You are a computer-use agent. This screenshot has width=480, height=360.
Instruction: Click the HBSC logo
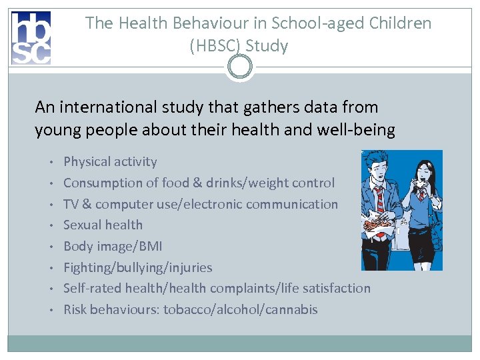(x=31, y=38)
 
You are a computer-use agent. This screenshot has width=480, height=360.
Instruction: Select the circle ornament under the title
(x=239, y=66)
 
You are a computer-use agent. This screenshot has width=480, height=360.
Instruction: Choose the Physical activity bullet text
(x=110, y=161)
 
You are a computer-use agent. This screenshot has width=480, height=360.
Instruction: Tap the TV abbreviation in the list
(x=71, y=204)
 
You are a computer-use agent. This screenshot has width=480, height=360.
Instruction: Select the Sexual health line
(x=103, y=225)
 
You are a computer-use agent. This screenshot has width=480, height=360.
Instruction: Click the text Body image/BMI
(x=112, y=246)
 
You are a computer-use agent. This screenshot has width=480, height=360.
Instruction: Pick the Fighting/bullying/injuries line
(x=137, y=267)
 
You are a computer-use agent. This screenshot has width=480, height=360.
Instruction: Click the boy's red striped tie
(x=379, y=199)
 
